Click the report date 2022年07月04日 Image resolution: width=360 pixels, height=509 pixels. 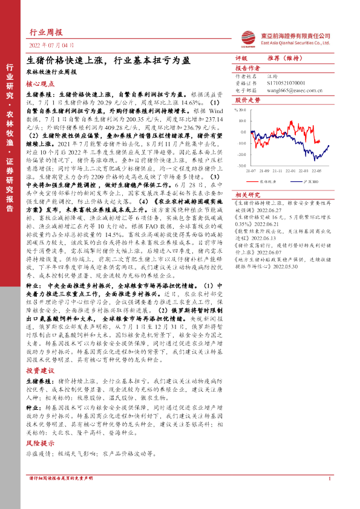(x=52, y=45)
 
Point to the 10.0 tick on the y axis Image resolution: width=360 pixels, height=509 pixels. (x=241, y=114)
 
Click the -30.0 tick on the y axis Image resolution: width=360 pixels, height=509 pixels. (x=240, y=164)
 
